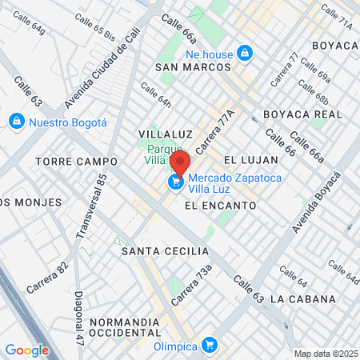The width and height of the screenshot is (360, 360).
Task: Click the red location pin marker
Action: (x=180, y=164)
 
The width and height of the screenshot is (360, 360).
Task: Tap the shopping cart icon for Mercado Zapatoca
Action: (x=174, y=182)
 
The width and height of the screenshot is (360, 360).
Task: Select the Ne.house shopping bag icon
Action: (x=246, y=54)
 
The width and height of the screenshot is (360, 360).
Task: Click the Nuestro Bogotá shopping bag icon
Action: (x=15, y=122)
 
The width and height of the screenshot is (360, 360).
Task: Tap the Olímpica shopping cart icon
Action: (x=210, y=345)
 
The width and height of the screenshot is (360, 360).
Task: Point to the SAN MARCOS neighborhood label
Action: (x=193, y=67)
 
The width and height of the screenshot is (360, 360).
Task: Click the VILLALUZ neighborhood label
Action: (x=162, y=133)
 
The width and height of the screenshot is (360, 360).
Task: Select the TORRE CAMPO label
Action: (x=76, y=162)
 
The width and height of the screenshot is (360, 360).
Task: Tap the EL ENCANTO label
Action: (x=219, y=206)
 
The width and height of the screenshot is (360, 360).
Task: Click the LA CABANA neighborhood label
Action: (x=303, y=299)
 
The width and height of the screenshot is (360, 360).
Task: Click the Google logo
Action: (x=26, y=350)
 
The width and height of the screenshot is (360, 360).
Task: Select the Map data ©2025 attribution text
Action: (x=325, y=354)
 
